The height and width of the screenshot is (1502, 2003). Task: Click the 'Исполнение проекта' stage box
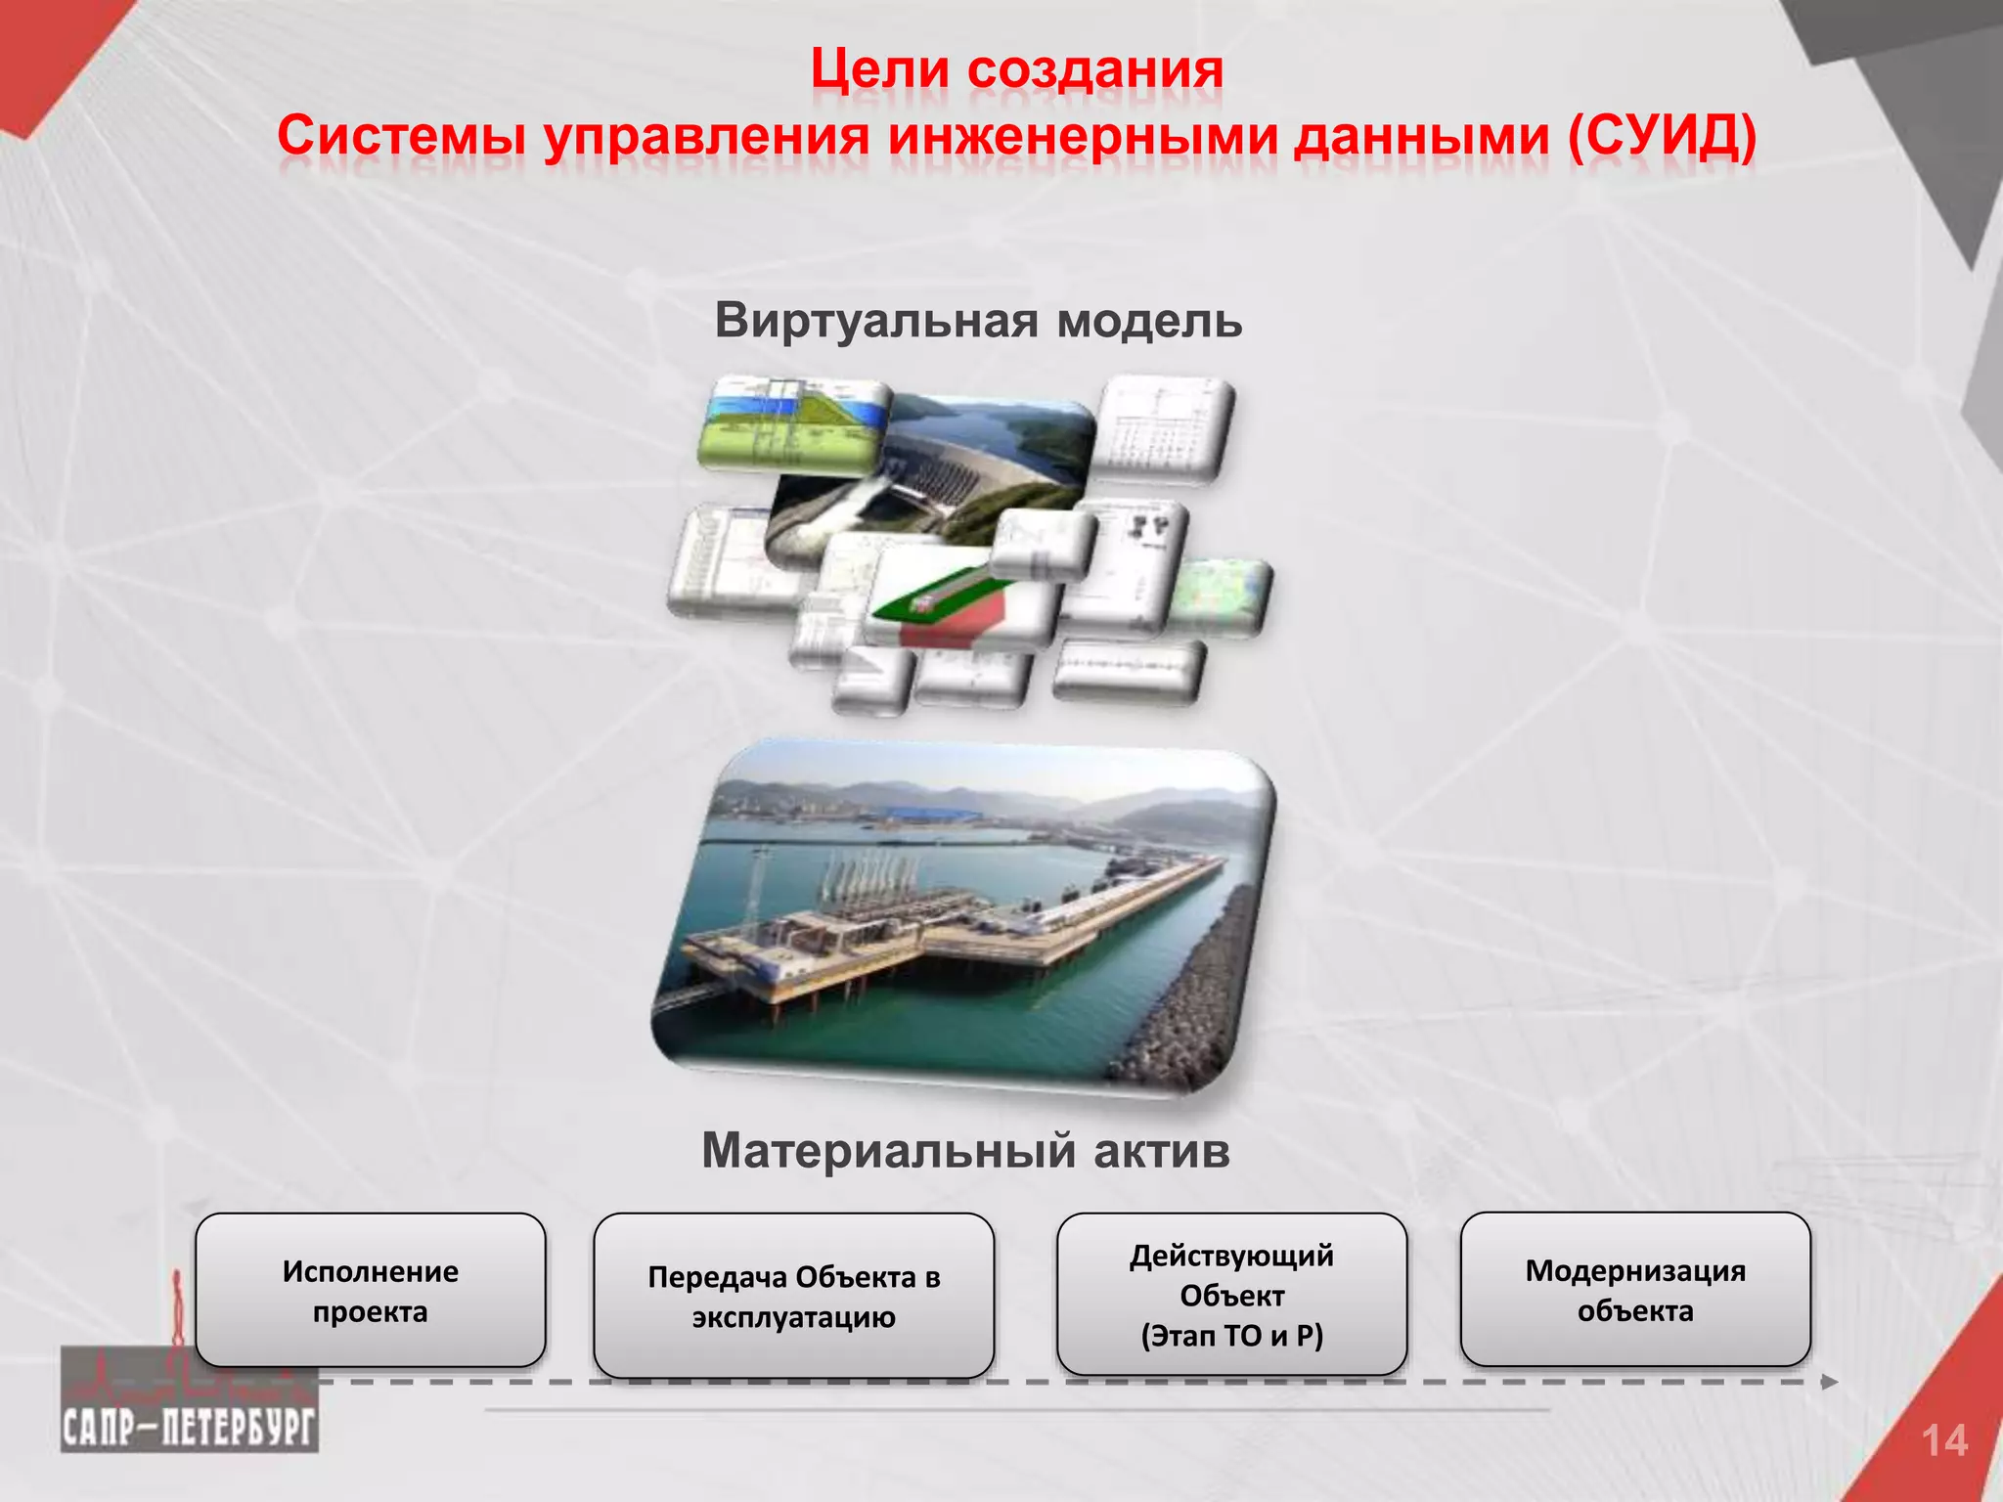coord(370,1291)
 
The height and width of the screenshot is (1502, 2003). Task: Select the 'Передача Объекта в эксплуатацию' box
coord(793,1297)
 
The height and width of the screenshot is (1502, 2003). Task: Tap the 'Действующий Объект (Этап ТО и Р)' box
coord(1231,1295)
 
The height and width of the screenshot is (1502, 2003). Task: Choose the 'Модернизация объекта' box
coord(1634,1290)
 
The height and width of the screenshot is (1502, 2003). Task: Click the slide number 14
coord(1943,1441)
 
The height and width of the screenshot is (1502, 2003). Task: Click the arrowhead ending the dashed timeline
coord(1829,1382)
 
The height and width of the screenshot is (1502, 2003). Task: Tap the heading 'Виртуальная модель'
coord(978,320)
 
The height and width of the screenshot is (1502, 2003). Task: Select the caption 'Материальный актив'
coord(965,1150)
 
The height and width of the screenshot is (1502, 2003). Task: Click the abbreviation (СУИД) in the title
coord(1661,136)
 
